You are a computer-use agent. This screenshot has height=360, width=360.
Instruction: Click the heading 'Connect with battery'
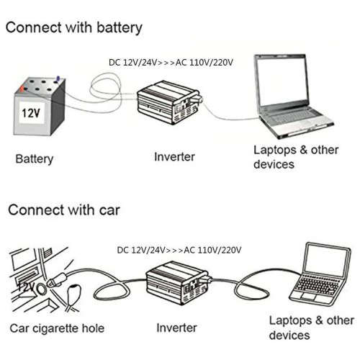(74, 28)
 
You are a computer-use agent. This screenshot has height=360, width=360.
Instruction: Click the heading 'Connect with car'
(64, 210)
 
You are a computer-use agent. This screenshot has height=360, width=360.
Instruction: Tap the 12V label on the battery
(30, 114)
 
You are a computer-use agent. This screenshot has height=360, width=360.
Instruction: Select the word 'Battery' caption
(35, 158)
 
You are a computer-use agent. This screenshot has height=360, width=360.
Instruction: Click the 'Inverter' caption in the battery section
(174, 156)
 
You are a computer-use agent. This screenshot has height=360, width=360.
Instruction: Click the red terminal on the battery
(24, 89)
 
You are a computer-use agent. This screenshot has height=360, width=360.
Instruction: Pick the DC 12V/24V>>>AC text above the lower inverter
(179, 250)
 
